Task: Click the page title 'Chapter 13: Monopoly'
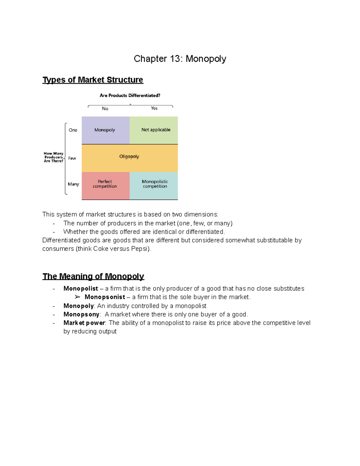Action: pos(180,59)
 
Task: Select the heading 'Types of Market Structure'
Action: pos(93,80)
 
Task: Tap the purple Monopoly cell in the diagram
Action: pos(105,130)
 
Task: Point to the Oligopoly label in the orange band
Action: pos(129,157)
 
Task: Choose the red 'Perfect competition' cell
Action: pos(105,184)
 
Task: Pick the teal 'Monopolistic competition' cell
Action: pos(155,184)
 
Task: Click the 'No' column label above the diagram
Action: pos(105,109)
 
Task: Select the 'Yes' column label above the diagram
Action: pos(154,108)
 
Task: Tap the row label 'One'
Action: pos(73,130)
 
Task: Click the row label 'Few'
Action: pos(72,158)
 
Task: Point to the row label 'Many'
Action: pos(73,184)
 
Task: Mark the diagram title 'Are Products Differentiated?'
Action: pos(130,95)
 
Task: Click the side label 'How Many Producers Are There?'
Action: pos(53,157)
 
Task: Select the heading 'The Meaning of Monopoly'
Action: pos(93,276)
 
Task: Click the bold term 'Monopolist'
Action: pos(81,289)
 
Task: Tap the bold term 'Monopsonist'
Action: pos(105,297)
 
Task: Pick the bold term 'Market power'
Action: pos(84,323)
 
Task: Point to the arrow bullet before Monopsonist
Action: pos(77,297)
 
